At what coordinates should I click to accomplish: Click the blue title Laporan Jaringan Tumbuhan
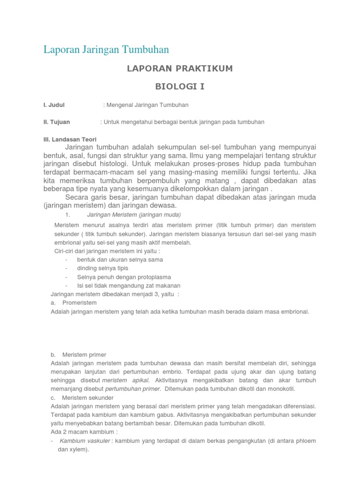coord(106,49)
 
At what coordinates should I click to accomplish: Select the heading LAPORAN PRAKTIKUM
coord(180,69)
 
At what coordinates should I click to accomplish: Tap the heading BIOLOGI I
coord(180,87)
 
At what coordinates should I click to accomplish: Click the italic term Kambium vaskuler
coord(85,441)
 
